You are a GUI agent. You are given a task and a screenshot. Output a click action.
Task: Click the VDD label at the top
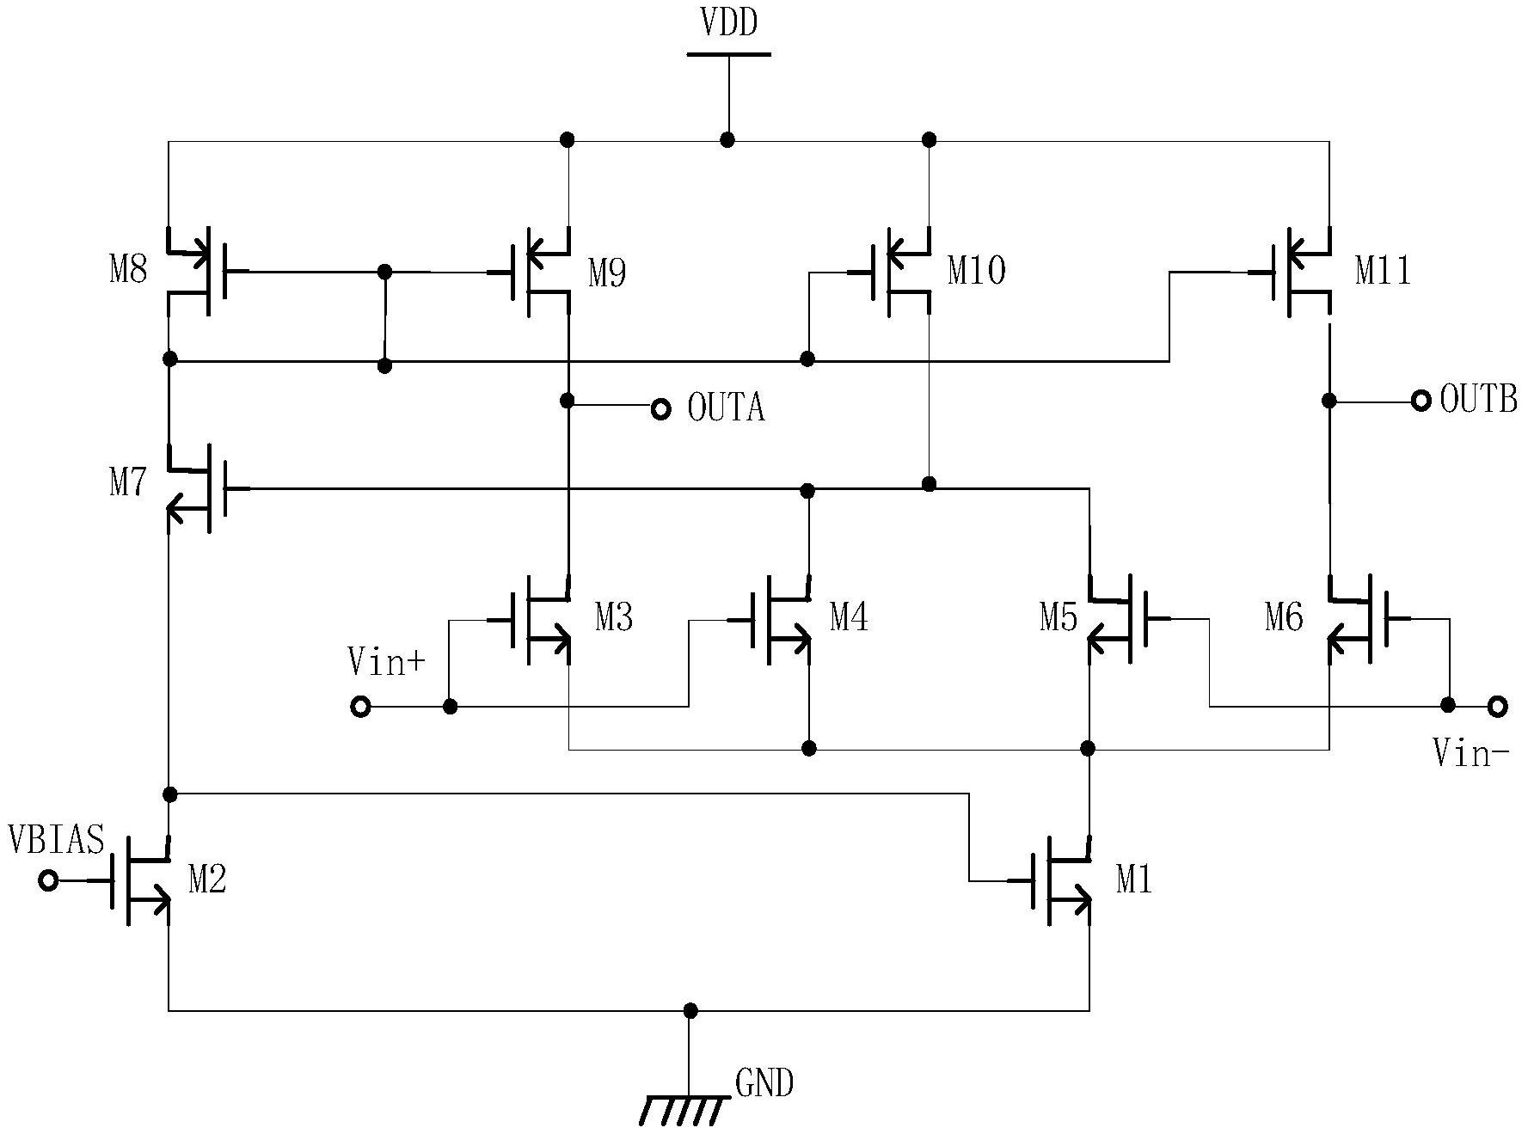coord(729,23)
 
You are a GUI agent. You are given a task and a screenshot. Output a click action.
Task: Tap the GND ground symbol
coord(685,1110)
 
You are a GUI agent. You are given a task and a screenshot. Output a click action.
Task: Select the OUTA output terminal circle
coord(660,409)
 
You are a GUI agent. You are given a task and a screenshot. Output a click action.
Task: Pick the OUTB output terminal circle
coord(1421,400)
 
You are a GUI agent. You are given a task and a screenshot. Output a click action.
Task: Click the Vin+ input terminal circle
coord(361,707)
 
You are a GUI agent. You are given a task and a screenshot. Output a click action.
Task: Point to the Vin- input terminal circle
coord(1498,706)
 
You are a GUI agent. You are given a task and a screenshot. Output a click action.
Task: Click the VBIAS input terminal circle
coord(49,881)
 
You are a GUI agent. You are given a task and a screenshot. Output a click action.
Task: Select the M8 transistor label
coord(128,271)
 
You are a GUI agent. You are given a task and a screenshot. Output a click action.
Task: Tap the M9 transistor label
coord(607,274)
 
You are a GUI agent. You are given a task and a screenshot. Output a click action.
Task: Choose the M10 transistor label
coord(977,271)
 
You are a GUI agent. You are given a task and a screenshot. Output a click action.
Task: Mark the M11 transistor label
coord(1384,271)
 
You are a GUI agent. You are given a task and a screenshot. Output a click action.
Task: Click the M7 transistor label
coord(128,483)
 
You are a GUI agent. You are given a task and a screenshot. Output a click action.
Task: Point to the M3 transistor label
coord(614,617)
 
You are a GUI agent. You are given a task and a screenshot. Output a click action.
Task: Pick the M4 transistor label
coord(849,617)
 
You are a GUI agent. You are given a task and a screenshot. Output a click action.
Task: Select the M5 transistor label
coord(1059,617)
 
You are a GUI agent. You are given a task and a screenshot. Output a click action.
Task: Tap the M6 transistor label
coord(1284,617)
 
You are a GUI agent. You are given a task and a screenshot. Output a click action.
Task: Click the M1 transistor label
coord(1134,880)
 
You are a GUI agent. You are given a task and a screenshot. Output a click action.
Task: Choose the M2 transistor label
coord(207,880)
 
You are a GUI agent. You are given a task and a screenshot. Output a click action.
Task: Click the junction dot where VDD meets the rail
coord(728,140)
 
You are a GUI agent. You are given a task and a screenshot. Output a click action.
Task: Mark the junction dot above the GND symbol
coord(690,1010)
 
